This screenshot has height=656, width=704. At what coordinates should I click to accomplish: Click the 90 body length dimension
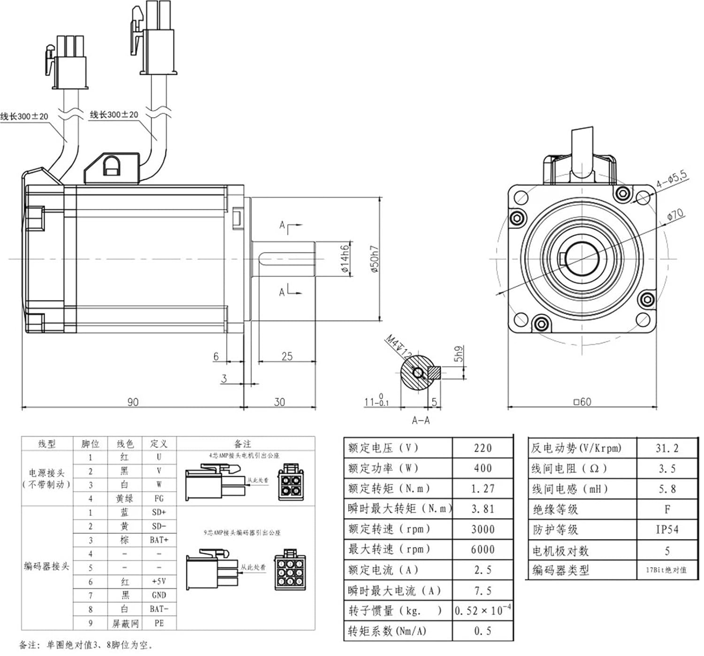pyautogui.click(x=133, y=402)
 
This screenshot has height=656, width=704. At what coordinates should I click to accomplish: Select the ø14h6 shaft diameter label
pyautogui.click(x=345, y=259)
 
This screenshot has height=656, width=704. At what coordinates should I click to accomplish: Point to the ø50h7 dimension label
pyautogui.click(x=375, y=259)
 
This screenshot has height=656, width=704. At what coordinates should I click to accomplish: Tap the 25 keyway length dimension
pyautogui.click(x=287, y=356)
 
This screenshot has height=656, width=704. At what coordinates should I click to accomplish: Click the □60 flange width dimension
pyautogui.click(x=582, y=402)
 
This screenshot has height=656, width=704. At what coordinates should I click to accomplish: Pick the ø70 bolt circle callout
pyautogui.click(x=675, y=215)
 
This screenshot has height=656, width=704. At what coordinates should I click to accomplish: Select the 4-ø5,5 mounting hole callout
pyautogui.click(x=671, y=179)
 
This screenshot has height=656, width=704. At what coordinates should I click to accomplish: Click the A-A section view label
pyautogui.click(x=421, y=420)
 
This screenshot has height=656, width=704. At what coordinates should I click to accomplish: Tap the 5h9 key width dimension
pyautogui.click(x=459, y=354)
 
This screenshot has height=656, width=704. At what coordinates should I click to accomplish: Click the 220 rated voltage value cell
pyautogui.click(x=482, y=448)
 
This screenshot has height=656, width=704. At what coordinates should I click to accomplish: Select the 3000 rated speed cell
pyautogui.click(x=482, y=529)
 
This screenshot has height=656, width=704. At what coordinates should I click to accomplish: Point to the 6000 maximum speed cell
pyautogui.click(x=482, y=549)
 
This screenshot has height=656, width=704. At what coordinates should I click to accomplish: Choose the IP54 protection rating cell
pyautogui.click(x=667, y=530)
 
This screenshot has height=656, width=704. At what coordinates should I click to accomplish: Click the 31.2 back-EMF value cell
pyautogui.click(x=667, y=448)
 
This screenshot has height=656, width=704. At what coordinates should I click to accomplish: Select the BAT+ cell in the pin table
pyautogui.click(x=159, y=540)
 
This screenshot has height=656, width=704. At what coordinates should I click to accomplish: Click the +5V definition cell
pyautogui.click(x=159, y=581)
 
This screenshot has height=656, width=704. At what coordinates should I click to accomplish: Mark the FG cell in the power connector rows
pyautogui.click(x=159, y=499)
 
